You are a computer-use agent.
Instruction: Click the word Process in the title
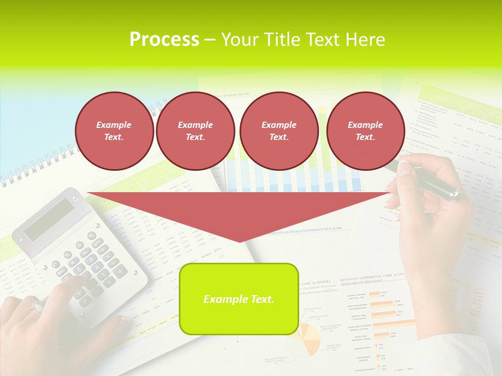pos(164,40)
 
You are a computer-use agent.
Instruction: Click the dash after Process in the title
pos(210,40)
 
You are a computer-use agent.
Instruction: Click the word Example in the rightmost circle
pos(365,125)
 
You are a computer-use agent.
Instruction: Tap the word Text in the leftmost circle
pos(113,137)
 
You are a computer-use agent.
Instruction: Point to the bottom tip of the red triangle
pos(239,241)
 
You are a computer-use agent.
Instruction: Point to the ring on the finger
pos(38,305)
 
